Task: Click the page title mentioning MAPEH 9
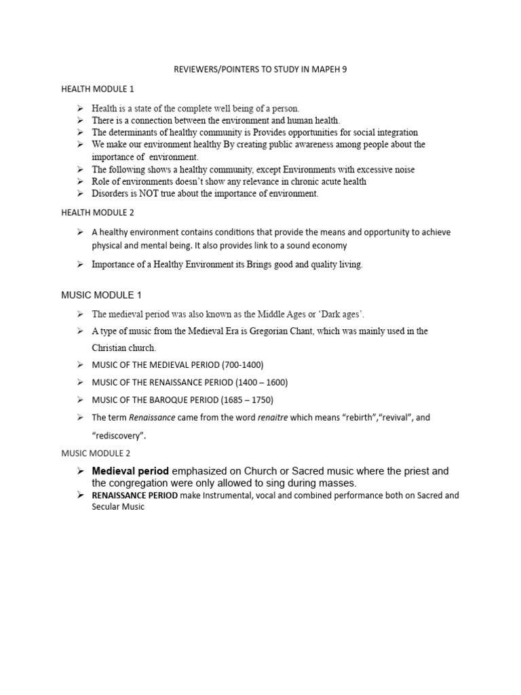click(x=260, y=69)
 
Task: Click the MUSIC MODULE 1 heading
click(x=101, y=295)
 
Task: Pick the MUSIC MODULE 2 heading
click(x=96, y=453)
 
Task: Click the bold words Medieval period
click(x=131, y=471)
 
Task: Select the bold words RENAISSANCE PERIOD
click(x=134, y=495)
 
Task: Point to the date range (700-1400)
click(x=237, y=364)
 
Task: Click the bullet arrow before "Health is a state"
click(x=79, y=109)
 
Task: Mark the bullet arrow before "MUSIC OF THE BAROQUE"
click(x=79, y=400)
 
